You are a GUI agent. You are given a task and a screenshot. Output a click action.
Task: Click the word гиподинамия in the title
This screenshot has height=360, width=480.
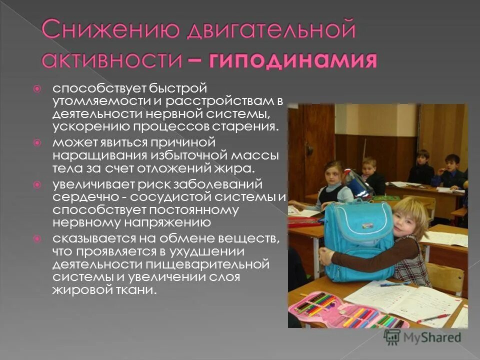(293, 60)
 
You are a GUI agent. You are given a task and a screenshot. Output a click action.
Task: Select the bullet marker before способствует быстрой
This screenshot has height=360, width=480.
(36, 89)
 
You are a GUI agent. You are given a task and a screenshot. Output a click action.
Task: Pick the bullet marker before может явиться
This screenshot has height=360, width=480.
(36, 142)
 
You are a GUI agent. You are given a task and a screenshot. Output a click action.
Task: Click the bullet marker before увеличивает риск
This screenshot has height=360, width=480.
(36, 185)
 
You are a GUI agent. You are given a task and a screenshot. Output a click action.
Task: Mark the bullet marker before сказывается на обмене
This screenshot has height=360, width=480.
(36, 238)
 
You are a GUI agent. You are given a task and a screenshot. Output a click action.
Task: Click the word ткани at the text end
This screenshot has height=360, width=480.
(131, 290)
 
